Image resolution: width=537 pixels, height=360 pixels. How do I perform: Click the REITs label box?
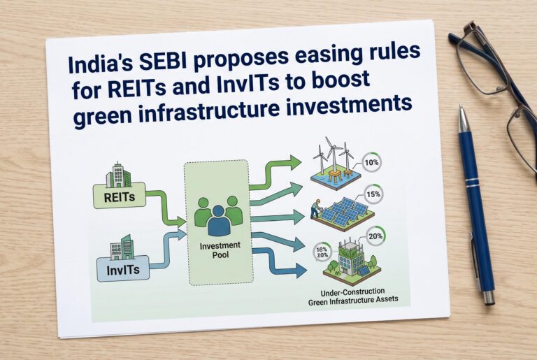point(120,196)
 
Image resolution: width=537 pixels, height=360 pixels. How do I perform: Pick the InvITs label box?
point(123,269)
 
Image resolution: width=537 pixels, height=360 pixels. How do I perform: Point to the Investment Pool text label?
point(220,250)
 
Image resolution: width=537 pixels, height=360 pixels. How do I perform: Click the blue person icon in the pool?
point(219,221)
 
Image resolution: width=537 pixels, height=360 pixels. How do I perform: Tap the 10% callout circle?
point(371,162)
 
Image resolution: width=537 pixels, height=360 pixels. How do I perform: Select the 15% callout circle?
point(373,194)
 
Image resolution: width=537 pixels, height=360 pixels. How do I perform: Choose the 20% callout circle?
point(375,236)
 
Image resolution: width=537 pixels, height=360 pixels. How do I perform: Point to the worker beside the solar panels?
point(315,209)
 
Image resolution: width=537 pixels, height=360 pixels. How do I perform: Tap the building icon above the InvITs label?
point(122,247)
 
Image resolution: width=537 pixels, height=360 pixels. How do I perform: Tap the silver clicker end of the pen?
point(489,298)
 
